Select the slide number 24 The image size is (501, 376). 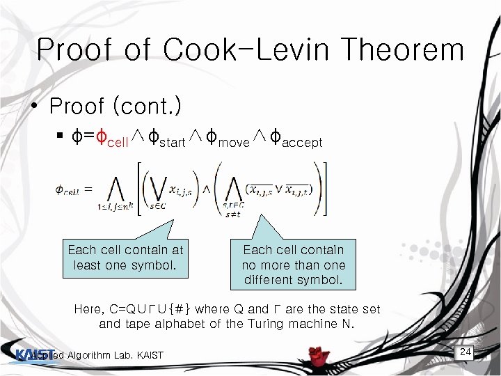[x=466, y=352]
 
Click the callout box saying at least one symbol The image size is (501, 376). [x=125, y=257]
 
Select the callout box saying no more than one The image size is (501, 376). [x=293, y=265]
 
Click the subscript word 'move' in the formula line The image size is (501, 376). [x=234, y=143]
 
